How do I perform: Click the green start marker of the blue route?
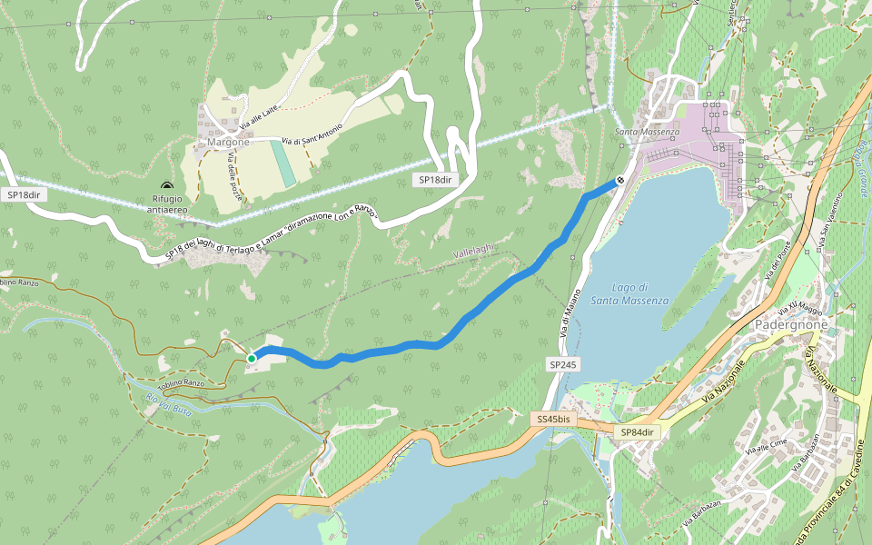[252, 359]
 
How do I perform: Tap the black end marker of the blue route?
[619, 181]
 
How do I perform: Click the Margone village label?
[227, 143]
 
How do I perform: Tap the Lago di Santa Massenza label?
[629, 293]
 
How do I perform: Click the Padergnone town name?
[791, 324]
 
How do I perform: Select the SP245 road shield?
[562, 363]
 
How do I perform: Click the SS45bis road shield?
[552, 419]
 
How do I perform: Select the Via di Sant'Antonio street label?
[312, 134]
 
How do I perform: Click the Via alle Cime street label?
[764, 446]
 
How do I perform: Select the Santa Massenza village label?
[647, 134]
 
